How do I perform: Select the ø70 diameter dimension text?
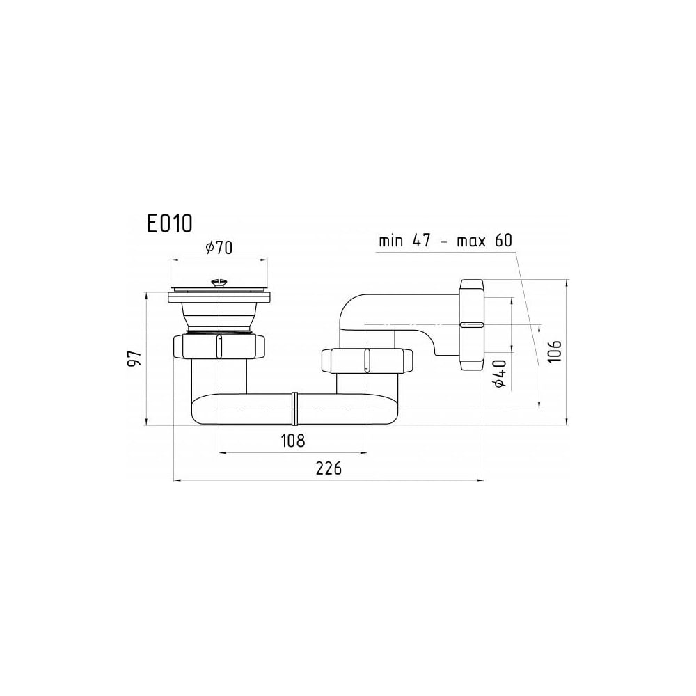coord(219,247)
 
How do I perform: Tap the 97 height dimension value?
coord(134,358)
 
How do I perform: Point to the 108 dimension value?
coord(293,441)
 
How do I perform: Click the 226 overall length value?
coord(329,468)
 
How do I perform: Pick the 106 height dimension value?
coord(554,351)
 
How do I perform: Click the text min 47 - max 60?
coord(445,241)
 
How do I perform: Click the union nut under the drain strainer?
coord(219,346)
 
